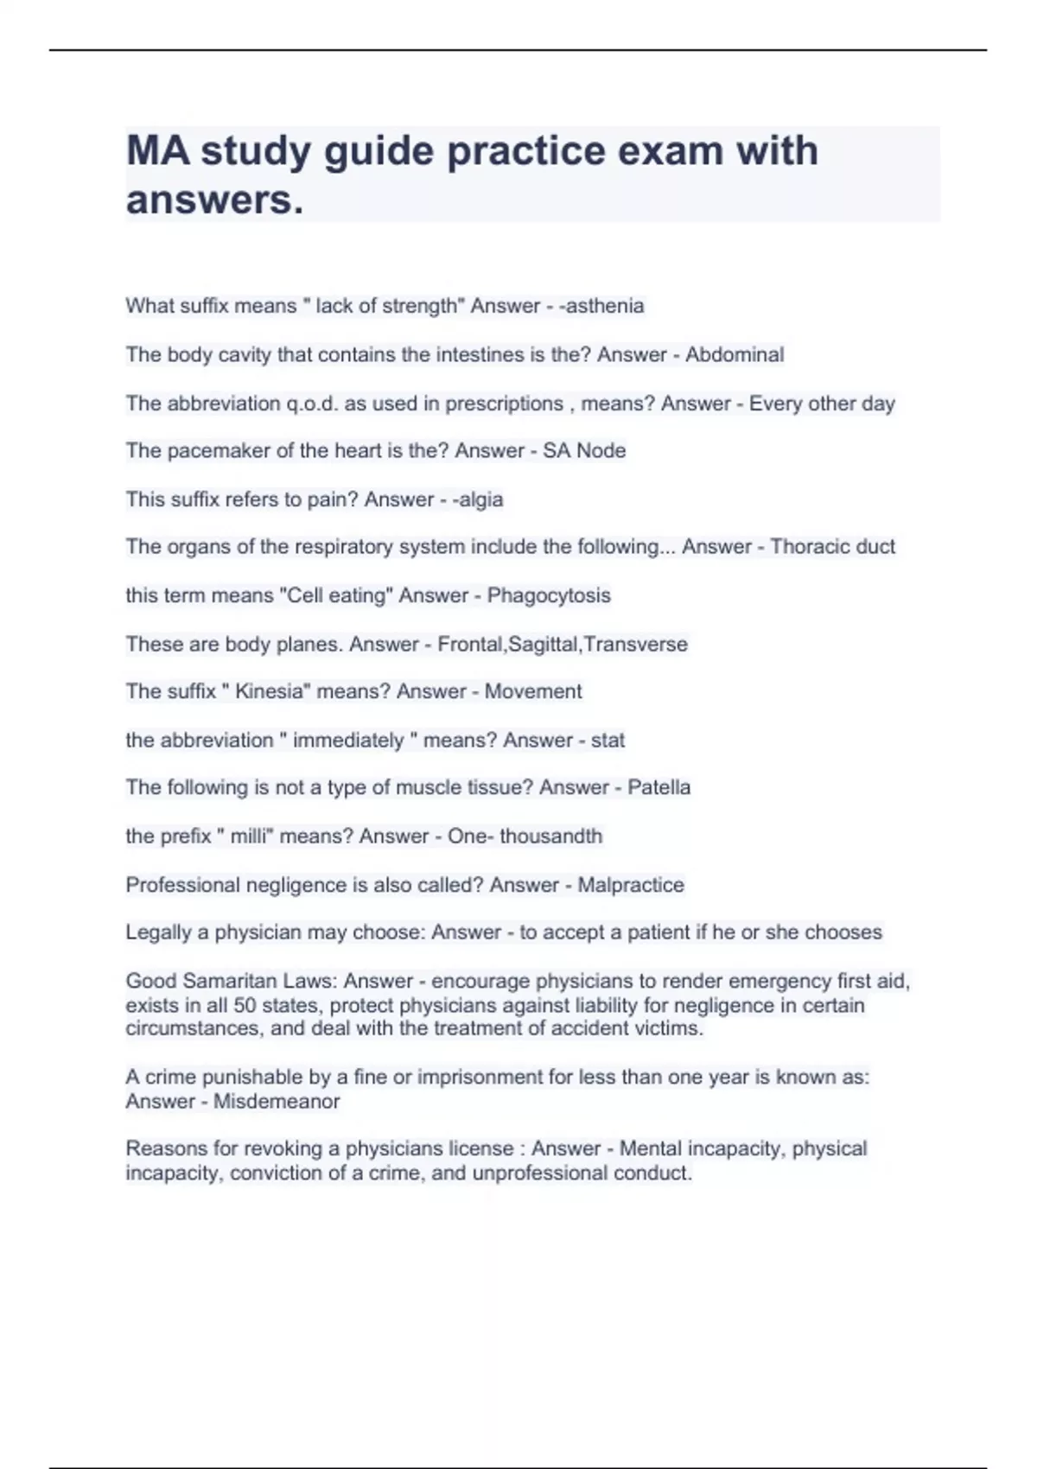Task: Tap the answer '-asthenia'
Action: (x=601, y=306)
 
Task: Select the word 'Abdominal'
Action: (x=735, y=354)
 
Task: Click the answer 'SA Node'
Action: (x=584, y=451)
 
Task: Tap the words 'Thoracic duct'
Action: (x=832, y=547)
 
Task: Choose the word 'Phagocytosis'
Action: (x=549, y=595)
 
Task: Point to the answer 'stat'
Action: (x=608, y=741)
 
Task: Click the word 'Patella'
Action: (x=658, y=787)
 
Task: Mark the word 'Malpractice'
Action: (x=631, y=885)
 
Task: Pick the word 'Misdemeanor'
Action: (x=277, y=1102)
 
